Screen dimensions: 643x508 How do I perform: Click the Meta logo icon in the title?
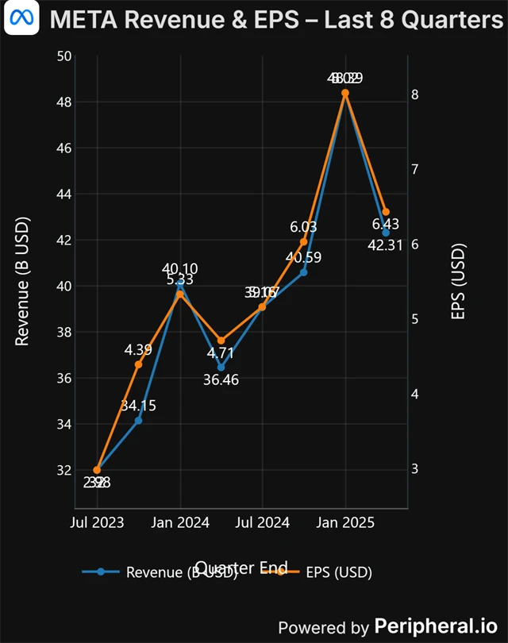[21, 20]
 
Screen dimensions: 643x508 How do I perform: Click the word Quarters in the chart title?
[450, 20]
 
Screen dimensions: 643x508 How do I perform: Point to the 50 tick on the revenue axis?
[63, 56]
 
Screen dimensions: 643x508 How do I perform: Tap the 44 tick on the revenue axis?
[63, 194]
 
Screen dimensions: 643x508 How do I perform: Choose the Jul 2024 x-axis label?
[262, 522]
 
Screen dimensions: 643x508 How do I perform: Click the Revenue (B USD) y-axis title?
[22, 281]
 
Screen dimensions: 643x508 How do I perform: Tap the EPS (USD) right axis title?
[458, 281]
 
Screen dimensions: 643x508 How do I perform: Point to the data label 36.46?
[221, 379]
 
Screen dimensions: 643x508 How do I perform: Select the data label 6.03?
[303, 227]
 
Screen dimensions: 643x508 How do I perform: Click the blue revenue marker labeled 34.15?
[138, 420]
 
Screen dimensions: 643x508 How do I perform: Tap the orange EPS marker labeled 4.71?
[221, 341]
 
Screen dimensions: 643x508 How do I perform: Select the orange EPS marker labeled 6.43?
[386, 212]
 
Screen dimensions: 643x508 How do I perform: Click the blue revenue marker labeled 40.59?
[303, 272]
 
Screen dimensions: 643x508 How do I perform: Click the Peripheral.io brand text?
[438, 626]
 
